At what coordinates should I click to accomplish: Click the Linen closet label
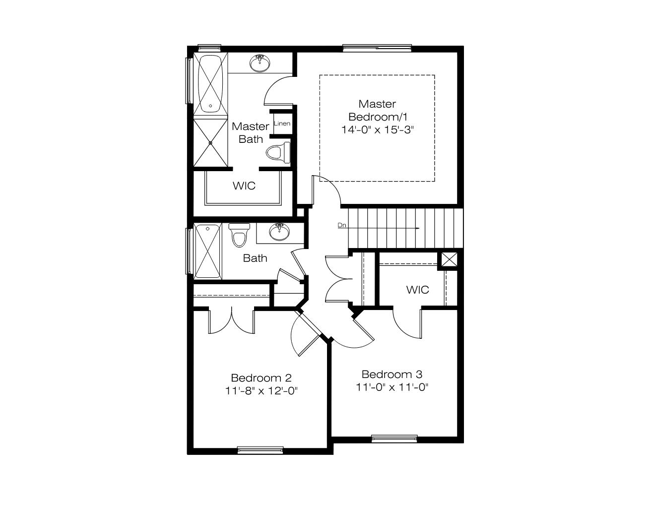click(x=282, y=123)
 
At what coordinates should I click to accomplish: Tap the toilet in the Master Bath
click(x=278, y=152)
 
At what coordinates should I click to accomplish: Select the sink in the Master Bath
click(x=260, y=63)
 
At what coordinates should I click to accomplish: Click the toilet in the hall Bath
click(x=239, y=235)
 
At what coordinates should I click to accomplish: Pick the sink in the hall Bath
click(x=279, y=232)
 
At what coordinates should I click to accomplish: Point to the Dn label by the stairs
click(x=341, y=225)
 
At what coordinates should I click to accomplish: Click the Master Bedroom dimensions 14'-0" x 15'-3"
click(x=378, y=130)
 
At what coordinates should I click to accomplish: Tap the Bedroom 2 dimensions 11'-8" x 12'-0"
click(x=262, y=391)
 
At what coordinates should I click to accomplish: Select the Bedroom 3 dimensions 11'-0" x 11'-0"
click(x=392, y=387)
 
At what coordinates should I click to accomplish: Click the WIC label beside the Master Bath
click(x=244, y=186)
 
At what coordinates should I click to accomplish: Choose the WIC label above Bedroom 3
click(x=417, y=290)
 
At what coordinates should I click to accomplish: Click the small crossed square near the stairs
click(x=449, y=259)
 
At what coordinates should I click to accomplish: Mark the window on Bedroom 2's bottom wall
click(x=261, y=450)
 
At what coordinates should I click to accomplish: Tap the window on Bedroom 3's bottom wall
click(x=394, y=439)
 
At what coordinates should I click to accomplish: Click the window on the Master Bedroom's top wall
click(x=377, y=48)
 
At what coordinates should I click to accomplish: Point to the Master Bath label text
click(x=251, y=132)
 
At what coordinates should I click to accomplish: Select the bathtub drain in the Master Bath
click(x=210, y=106)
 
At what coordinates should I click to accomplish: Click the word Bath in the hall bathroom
click(x=255, y=258)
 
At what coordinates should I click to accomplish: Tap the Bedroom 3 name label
click(x=392, y=375)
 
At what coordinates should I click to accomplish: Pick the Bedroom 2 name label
click(x=262, y=378)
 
